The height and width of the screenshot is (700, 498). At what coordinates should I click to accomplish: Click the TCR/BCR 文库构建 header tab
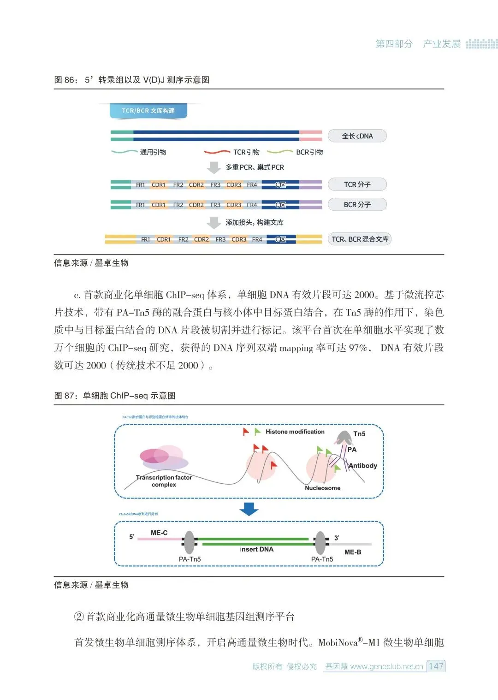tap(148, 111)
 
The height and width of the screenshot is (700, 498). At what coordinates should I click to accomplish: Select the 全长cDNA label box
tap(357, 136)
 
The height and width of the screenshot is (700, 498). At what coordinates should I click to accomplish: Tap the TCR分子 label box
tap(357, 184)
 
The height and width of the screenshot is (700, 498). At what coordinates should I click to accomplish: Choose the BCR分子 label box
tap(357, 204)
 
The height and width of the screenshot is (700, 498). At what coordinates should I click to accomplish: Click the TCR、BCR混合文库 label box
tap(360, 239)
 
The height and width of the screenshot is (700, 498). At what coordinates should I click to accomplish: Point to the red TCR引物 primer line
tap(217, 152)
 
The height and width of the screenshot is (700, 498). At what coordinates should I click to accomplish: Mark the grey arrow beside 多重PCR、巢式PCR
tap(213, 167)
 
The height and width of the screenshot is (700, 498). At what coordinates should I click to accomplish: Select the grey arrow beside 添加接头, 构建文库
tap(213, 223)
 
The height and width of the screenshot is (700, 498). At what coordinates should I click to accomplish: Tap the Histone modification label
tap(295, 432)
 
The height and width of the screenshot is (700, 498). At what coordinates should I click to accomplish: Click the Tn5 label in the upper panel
tap(359, 434)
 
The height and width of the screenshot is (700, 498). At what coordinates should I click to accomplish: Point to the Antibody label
tap(363, 466)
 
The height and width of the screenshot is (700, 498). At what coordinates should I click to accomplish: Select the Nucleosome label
tap(323, 488)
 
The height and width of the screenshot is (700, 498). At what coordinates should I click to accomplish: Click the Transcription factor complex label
tap(164, 481)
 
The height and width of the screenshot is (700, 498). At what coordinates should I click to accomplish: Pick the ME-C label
tap(159, 533)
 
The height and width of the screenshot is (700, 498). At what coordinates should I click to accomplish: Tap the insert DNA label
tap(256, 549)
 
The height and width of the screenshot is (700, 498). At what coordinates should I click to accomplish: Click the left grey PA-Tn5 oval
tap(189, 542)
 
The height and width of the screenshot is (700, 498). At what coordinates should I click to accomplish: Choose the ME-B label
tap(353, 552)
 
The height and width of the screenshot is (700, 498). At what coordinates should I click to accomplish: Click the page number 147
tap(436, 666)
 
